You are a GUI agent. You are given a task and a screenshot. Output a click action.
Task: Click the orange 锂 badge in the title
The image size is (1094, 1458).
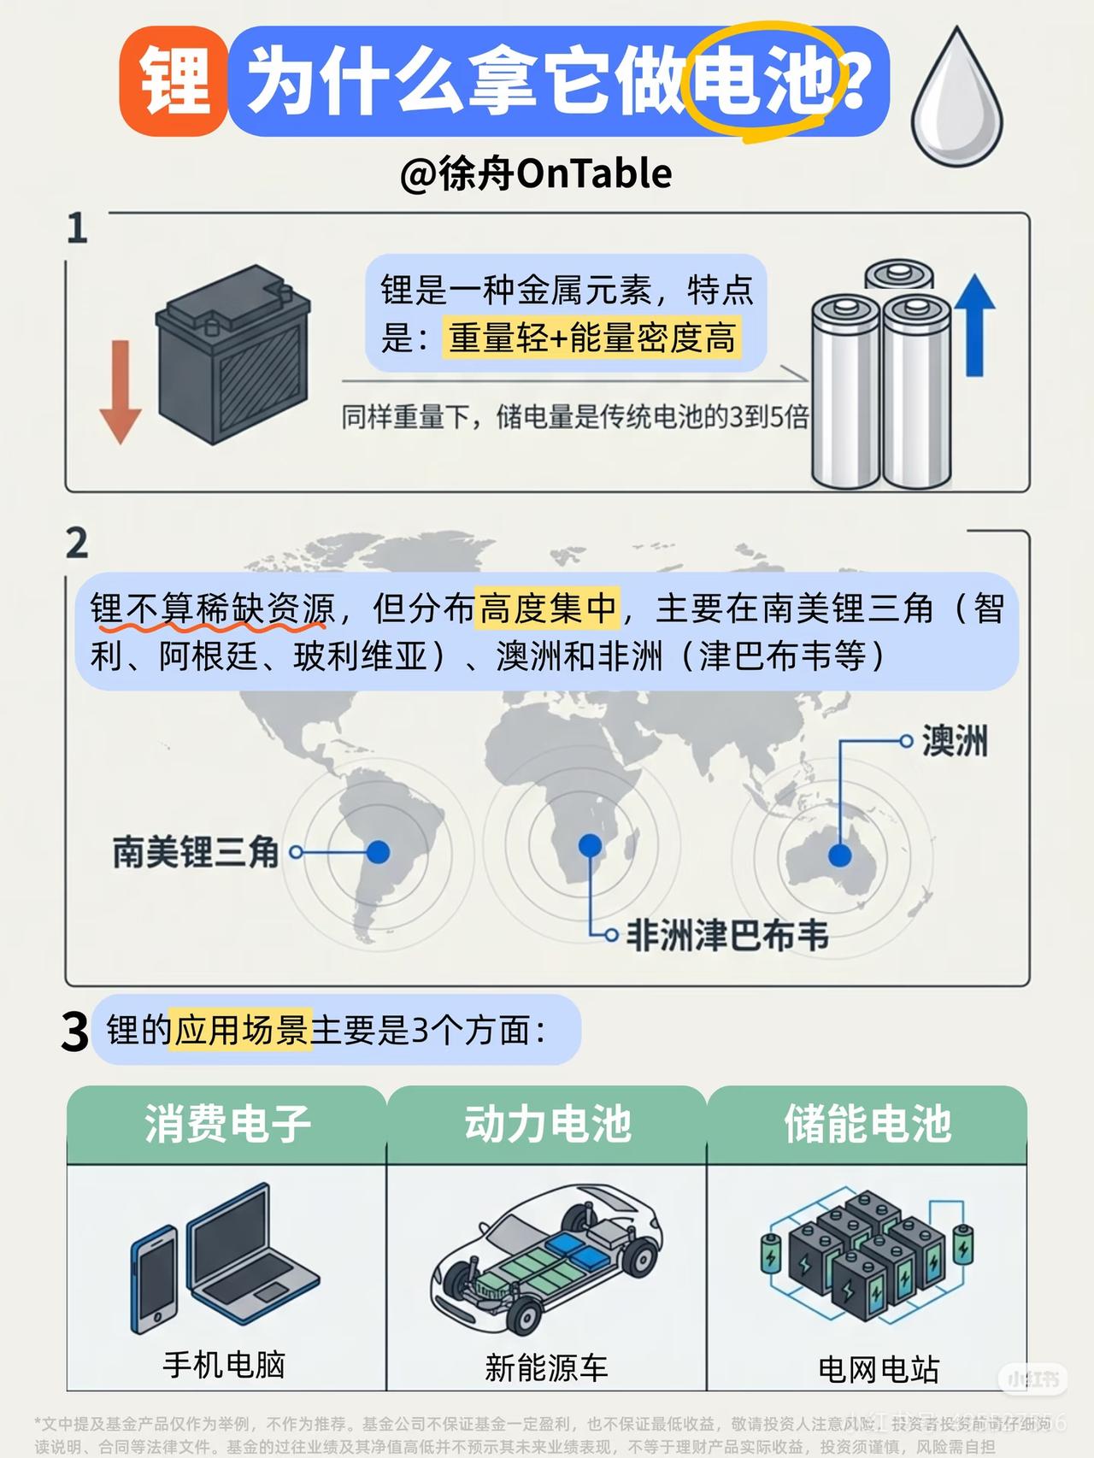(x=174, y=82)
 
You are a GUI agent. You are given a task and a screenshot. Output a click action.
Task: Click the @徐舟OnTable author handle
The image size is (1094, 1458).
(x=536, y=173)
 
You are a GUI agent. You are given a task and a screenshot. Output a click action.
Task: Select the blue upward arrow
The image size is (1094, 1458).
(x=973, y=325)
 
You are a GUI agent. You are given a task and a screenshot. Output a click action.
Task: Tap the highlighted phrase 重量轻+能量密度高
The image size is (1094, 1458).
(x=591, y=338)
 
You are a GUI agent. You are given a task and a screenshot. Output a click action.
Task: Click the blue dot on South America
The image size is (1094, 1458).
(x=378, y=851)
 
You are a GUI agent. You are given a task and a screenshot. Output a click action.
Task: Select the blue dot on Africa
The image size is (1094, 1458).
(x=590, y=845)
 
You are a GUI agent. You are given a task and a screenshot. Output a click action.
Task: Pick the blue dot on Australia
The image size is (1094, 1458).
(x=839, y=855)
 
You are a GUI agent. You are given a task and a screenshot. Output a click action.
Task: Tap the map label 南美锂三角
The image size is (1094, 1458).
(x=196, y=852)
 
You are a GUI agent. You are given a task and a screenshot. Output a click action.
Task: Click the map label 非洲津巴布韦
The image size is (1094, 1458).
(x=727, y=936)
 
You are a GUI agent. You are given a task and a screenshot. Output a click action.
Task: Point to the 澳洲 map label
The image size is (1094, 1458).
(x=954, y=741)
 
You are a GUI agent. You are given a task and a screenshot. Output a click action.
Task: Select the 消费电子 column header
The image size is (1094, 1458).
(x=227, y=1123)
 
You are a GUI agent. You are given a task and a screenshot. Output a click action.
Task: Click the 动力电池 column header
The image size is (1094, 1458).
(x=547, y=1123)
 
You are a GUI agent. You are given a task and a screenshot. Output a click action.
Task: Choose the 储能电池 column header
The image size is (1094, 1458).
(x=867, y=1123)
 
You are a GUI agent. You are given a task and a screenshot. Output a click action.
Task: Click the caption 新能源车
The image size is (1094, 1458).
(x=546, y=1367)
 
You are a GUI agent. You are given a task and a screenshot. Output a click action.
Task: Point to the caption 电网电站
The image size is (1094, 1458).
(x=878, y=1369)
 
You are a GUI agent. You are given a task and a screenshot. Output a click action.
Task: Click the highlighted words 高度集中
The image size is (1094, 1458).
(x=548, y=608)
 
